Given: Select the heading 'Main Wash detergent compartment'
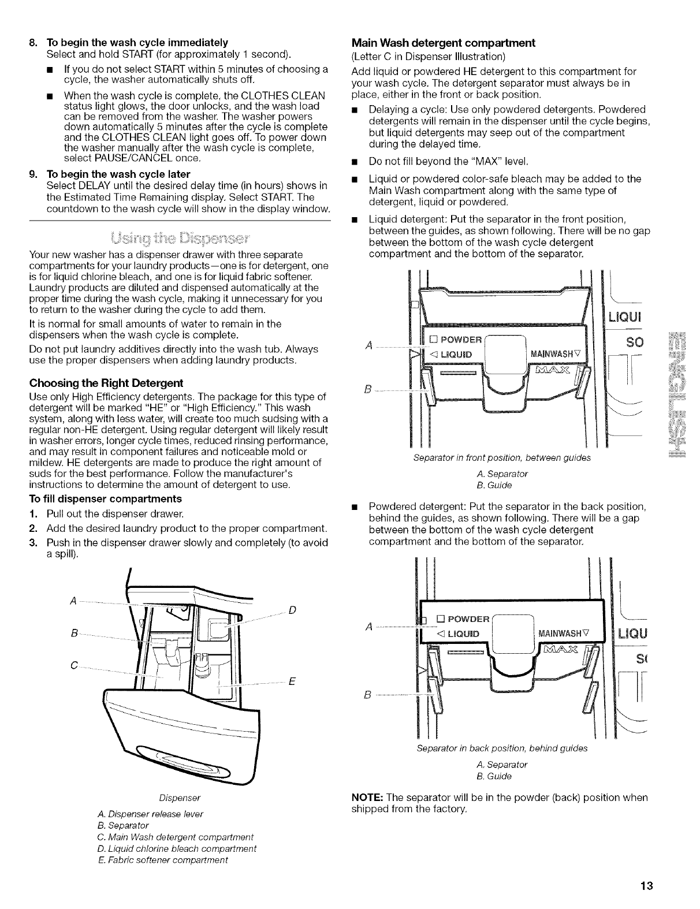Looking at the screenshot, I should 444,43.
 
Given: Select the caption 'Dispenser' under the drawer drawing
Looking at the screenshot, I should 180,798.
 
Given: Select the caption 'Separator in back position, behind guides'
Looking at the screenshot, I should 501,748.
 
